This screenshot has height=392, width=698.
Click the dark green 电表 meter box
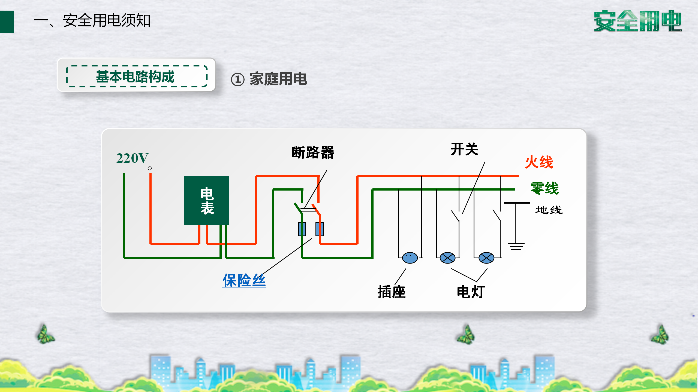207,200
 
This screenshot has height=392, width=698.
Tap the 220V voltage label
132,158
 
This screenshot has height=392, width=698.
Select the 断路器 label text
313,152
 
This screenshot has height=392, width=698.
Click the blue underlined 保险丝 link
244,280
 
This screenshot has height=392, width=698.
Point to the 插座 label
392,292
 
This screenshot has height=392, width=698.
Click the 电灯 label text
471,292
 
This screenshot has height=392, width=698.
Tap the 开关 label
464,149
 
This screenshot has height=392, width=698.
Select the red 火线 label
539,162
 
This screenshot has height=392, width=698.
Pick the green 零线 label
544,188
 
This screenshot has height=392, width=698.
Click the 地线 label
549,210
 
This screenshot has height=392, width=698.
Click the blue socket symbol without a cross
410,258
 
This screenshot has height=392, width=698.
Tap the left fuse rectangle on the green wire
302,229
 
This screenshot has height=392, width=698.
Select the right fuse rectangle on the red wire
320,229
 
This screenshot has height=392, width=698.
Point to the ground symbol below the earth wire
516,246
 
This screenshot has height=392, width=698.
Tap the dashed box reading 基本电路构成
137,76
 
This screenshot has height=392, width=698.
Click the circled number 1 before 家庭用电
237,80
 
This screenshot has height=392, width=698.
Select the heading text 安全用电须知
107,20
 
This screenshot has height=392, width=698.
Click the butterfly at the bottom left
46,334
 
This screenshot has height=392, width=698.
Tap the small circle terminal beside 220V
150,168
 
